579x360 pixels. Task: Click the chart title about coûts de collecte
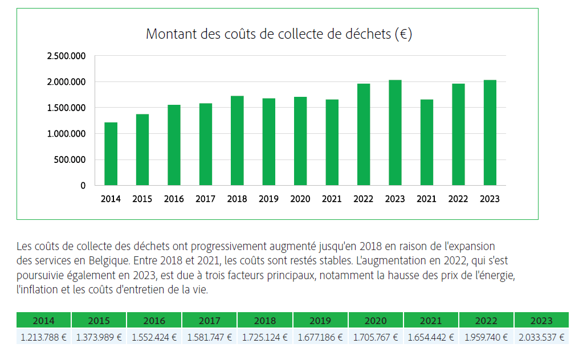click(279, 34)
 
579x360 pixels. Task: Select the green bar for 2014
click(111, 154)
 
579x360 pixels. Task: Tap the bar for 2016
click(174, 145)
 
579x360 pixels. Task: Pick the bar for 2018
click(237, 141)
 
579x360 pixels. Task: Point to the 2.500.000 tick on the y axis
click(66, 56)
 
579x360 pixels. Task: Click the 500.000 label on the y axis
click(70, 159)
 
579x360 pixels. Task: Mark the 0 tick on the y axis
click(83, 186)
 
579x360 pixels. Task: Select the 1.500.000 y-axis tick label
click(66, 108)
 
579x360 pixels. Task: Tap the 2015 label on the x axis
click(142, 199)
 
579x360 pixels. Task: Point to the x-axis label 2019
click(268, 199)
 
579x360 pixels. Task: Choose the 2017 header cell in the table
click(210, 321)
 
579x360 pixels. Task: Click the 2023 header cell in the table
click(541, 321)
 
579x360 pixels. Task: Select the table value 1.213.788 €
click(44, 337)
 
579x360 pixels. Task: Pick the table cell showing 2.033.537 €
click(541, 337)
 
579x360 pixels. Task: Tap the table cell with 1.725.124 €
click(265, 337)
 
